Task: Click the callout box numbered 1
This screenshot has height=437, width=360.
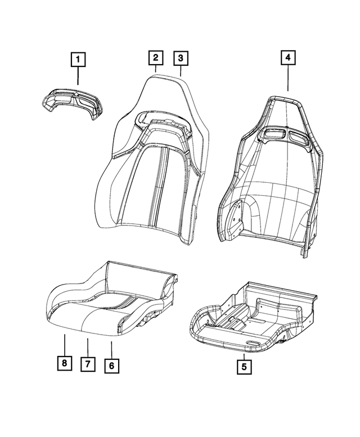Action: click(x=78, y=58)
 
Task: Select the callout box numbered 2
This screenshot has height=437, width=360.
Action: click(x=155, y=57)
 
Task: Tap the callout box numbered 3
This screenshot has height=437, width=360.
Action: click(x=181, y=57)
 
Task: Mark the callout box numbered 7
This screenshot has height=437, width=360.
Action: click(x=88, y=364)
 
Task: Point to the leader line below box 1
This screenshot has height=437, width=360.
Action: click(x=78, y=76)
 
